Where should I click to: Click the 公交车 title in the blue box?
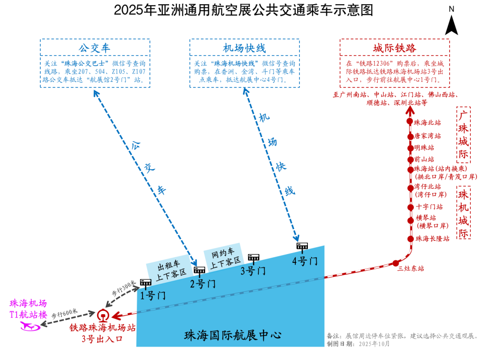point(94,49)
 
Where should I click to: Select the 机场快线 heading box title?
point(244,49)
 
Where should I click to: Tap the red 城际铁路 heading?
point(394,49)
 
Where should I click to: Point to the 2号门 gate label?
point(203,284)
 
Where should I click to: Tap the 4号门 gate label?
point(305,261)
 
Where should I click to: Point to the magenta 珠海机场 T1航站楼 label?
point(29,309)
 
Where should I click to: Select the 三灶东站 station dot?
point(396,263)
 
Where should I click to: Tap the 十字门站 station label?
point(429,207)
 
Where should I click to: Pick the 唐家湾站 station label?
point(427,137)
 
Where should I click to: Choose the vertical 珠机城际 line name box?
point(463,212)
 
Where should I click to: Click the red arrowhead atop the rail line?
point(409,110)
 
